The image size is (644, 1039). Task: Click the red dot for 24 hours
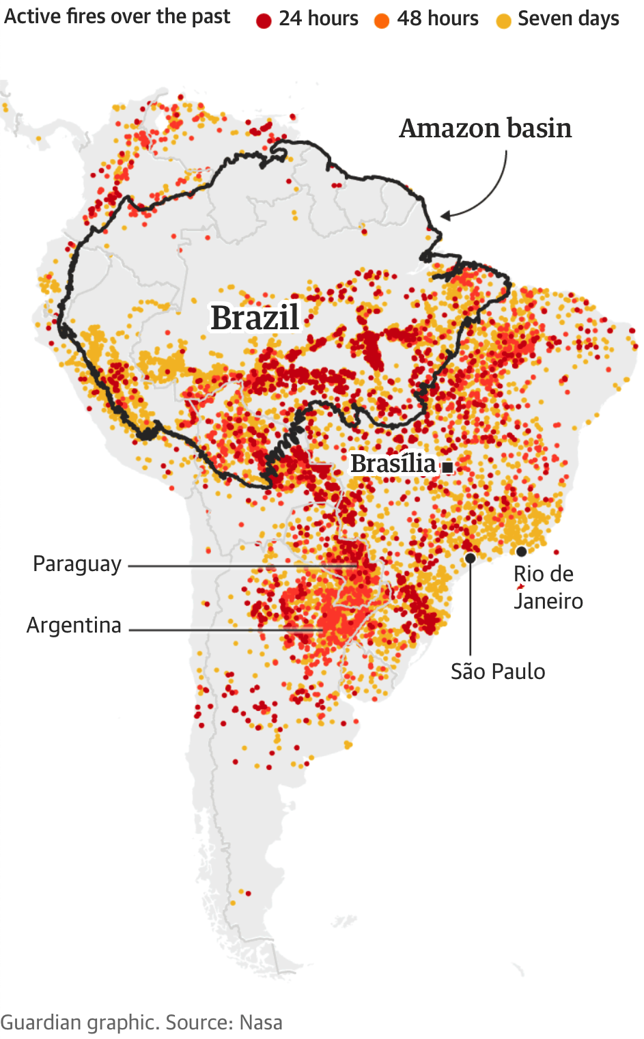point(264,21)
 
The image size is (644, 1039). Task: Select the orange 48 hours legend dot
point(382,21)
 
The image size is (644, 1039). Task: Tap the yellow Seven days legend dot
point(503,21)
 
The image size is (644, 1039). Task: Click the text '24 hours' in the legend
point(318,18)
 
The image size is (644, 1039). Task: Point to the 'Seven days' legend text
point(568,18)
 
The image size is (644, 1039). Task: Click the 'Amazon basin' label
point(485,128)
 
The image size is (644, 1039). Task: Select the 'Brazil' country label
point(255,318)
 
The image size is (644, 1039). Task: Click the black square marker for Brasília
point(448,467)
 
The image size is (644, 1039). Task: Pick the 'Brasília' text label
point(393,464)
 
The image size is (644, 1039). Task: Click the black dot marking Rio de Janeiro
point(521,551)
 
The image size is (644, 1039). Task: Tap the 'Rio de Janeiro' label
point(548,587)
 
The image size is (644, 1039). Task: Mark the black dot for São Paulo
point(471,558)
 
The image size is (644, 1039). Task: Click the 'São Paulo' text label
point(498,671)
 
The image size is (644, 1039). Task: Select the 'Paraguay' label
point(77,564)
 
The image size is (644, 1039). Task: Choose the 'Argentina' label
point(74,625)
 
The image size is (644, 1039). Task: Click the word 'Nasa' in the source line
point(260,1023)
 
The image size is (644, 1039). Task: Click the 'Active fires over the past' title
point(117,16)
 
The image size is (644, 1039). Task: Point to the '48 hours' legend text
point(438,18)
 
